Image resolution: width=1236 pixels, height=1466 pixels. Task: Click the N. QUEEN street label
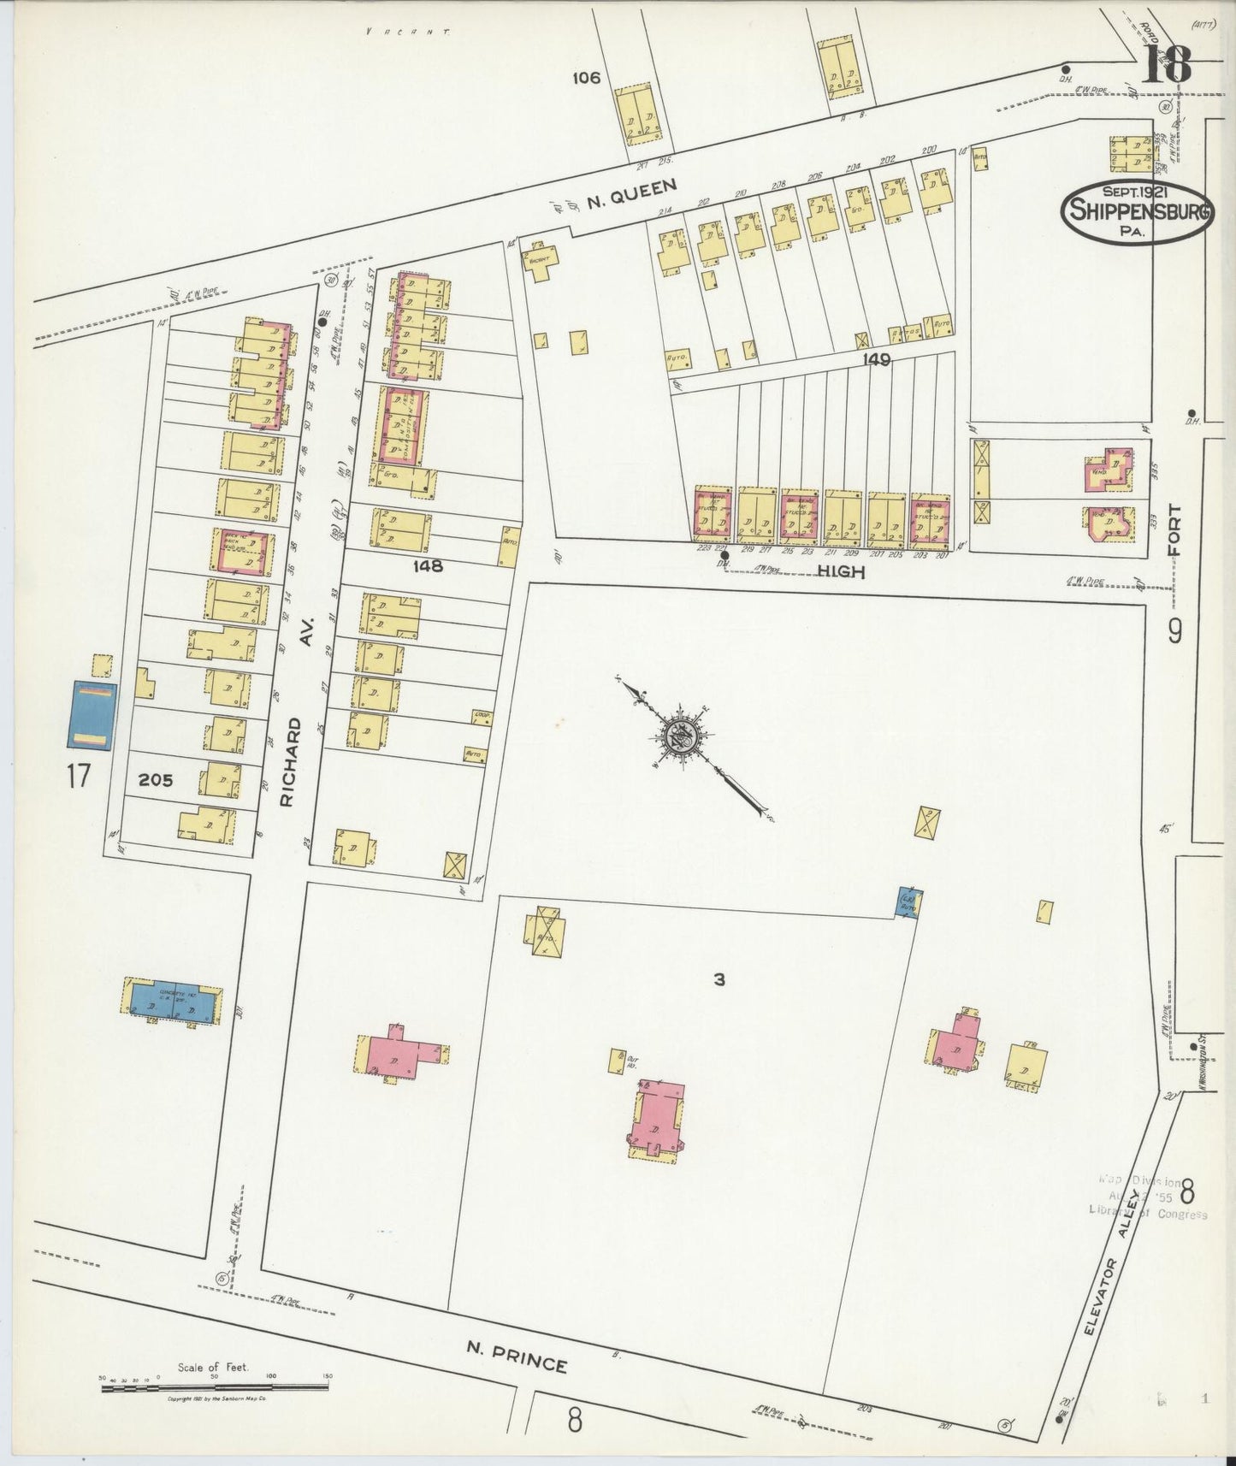pos(631,194)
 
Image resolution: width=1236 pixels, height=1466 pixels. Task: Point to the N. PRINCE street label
pos(517,1357)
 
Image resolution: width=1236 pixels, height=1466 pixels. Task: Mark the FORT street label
pos(1175,530)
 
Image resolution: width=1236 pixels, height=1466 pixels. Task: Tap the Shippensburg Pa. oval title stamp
pos(1138,212)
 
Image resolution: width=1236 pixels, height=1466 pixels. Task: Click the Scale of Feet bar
pos(214,1389)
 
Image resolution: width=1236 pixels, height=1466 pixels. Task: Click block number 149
pos(877,360)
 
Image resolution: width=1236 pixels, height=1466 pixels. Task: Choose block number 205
pos(156,779)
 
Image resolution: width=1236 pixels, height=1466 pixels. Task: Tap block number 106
pos(587,78)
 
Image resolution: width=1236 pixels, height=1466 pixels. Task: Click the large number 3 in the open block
pos(719,979)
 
